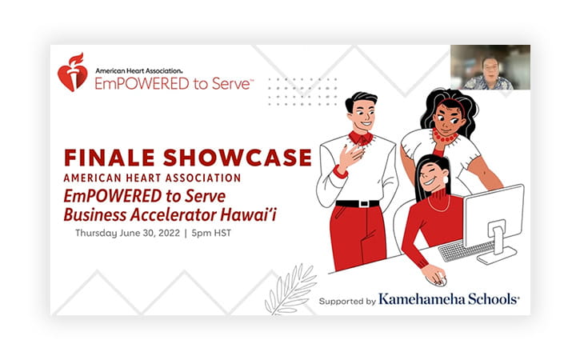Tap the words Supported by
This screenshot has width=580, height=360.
[x=347, y=301]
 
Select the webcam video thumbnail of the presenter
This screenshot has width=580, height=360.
[x=490, y=67]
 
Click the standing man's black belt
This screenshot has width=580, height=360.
[x=358, y=203]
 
